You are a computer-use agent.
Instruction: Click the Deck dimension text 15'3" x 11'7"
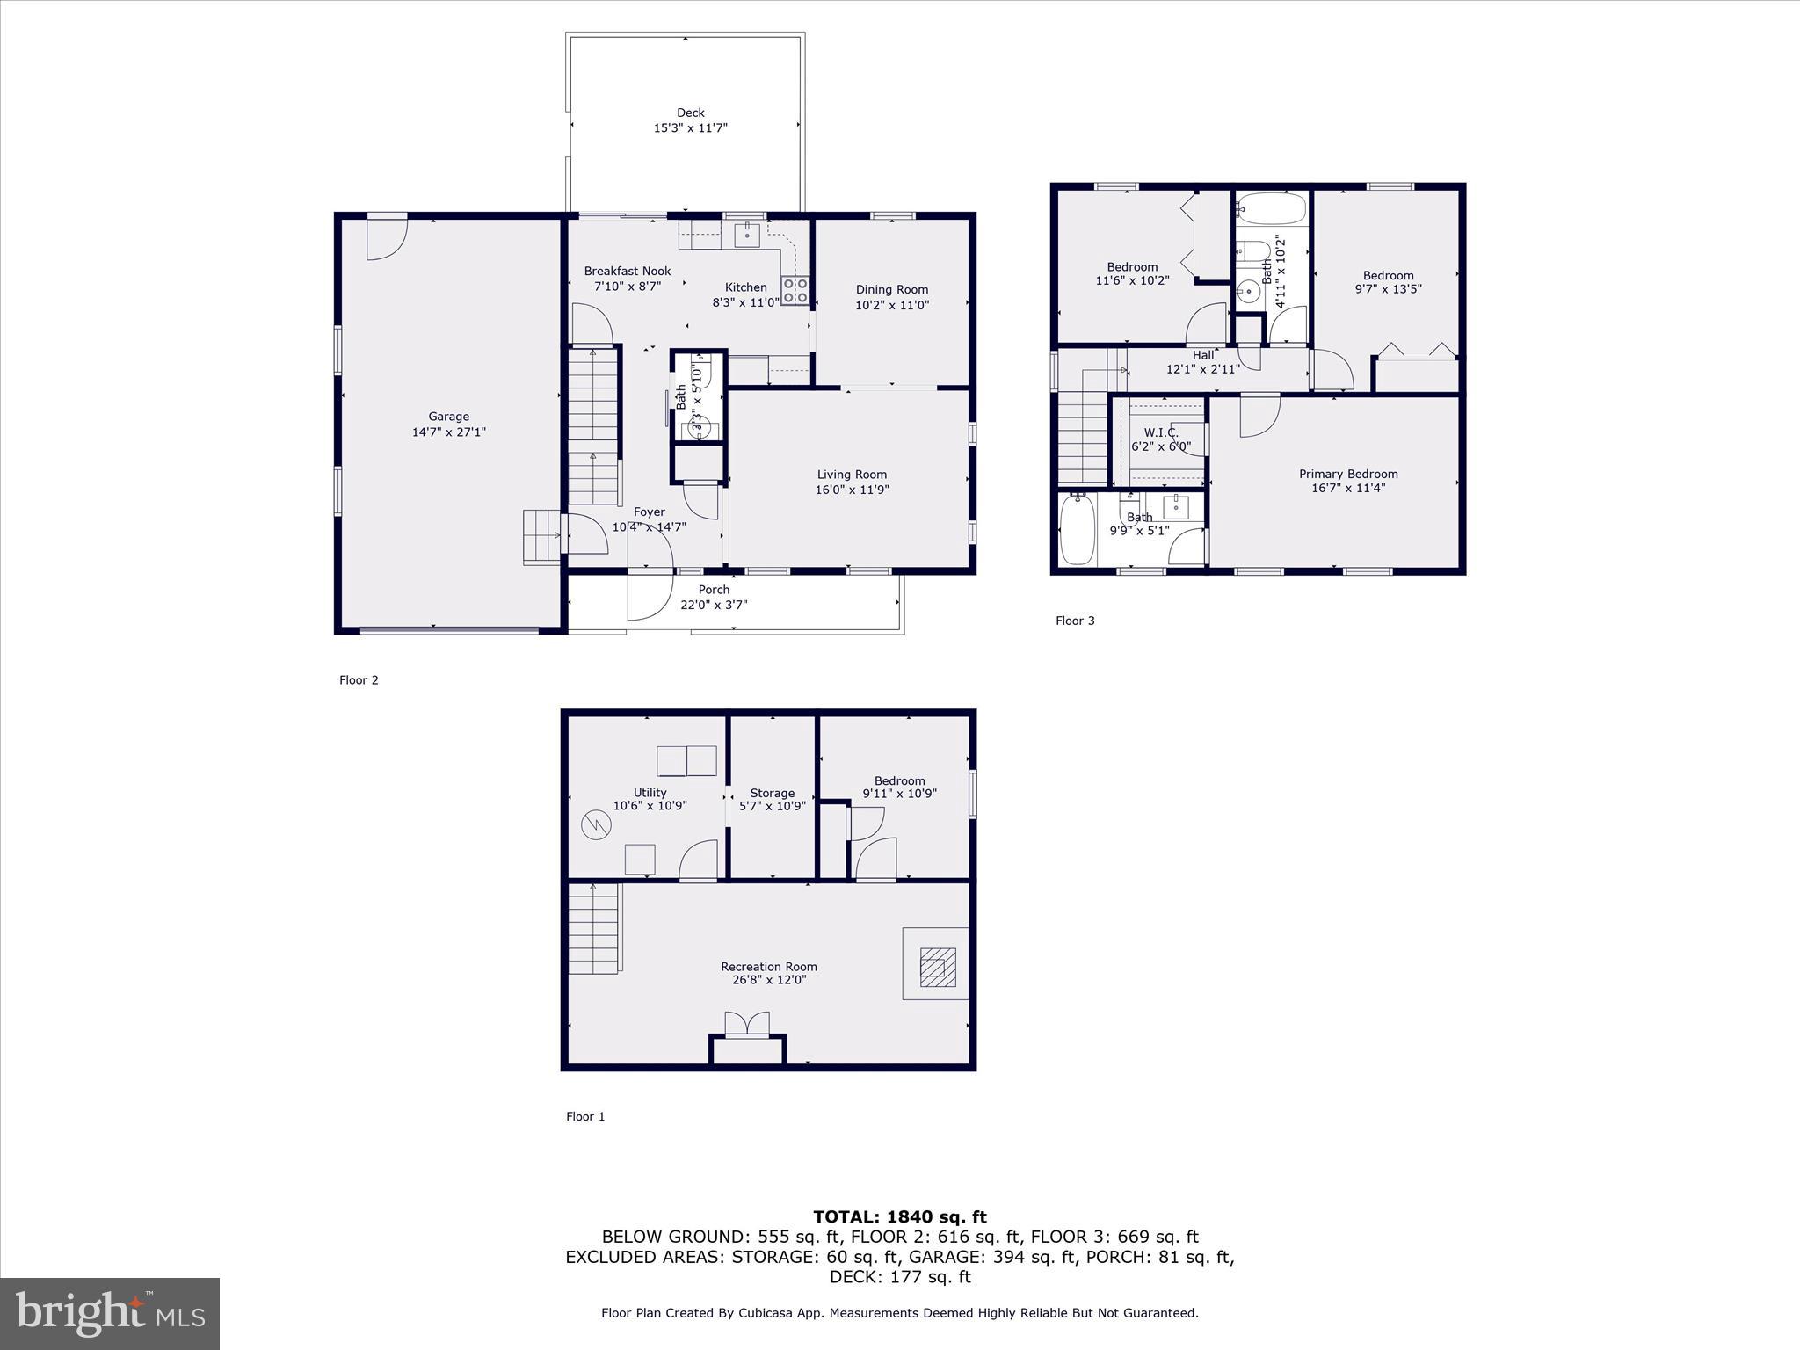point(690,128)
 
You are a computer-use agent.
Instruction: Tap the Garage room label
point(448,417)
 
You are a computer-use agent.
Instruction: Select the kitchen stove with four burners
point(795,291)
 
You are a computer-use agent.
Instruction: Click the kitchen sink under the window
point(747,235)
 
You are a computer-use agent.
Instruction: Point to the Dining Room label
point(891,289)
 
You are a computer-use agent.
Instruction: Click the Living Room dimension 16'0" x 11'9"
point(852,490)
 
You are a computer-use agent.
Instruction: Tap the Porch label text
point(714,590)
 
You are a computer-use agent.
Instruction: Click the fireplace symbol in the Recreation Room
point(936,967)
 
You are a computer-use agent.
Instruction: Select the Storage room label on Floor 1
point(772,793)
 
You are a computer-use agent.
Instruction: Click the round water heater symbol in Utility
point(595,824)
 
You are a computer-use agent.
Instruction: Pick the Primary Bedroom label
point(1348,474)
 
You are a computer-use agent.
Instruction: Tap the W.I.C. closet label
point(1160,432)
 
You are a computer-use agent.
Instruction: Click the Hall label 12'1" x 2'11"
point(1202,362)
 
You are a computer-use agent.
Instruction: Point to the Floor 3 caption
point(1075,621)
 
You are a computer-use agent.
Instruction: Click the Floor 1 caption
point(585,1117)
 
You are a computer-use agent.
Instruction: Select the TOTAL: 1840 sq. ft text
point(899,1217)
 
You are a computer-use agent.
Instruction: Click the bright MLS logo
point(110,1313)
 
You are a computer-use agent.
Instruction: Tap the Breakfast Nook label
point(627,272)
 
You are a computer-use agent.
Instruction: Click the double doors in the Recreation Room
point(746,1025)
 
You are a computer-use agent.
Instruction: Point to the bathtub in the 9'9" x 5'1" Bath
point(1077,529)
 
